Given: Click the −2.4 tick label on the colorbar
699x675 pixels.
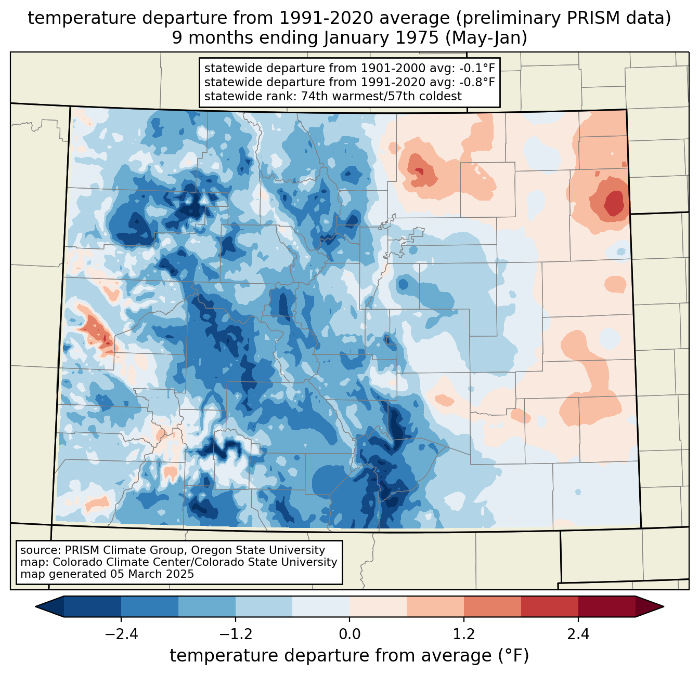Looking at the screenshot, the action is pyautogui.click(x=121, y=634).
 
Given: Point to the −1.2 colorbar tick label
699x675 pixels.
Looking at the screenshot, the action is pyautogui.click(x=236, y=634).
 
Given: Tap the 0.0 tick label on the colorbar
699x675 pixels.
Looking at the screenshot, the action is pyautogui.click(x=349, y=634).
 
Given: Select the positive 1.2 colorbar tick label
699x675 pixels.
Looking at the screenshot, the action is pyautogui.click(x=464, y=634).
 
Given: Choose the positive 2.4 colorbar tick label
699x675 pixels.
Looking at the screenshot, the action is pyautogui.click(x=578, y=634).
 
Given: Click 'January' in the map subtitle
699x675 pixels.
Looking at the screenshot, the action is pyautogui.click(x=355, y=38).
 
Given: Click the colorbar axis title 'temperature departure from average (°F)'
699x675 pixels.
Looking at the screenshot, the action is pyautogui.click(x=349, y=655).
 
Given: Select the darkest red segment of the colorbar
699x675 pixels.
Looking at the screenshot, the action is pyautogui.click(x=607, y=606).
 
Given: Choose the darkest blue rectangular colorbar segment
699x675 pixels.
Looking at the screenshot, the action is pyautogui.click(x=92, y=606).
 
